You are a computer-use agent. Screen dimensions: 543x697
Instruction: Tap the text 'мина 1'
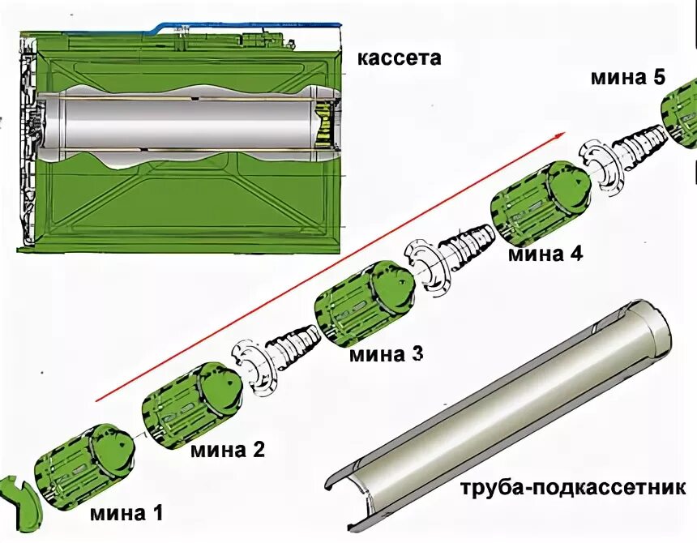(126, 512)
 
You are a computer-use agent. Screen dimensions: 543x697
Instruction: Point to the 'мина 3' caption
(386, 354)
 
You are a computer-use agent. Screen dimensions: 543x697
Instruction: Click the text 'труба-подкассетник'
(573, 489)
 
